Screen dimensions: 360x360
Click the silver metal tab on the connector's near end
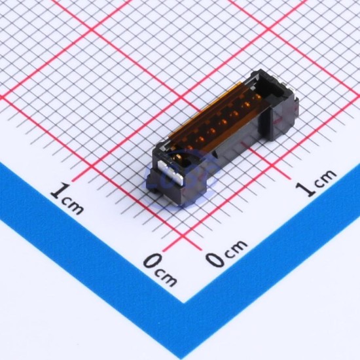click(171, 172)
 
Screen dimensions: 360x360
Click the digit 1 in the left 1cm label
click(60, 190)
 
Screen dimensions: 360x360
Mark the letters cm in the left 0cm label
click(166, 278)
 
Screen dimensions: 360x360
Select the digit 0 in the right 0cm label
click(215, 259)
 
